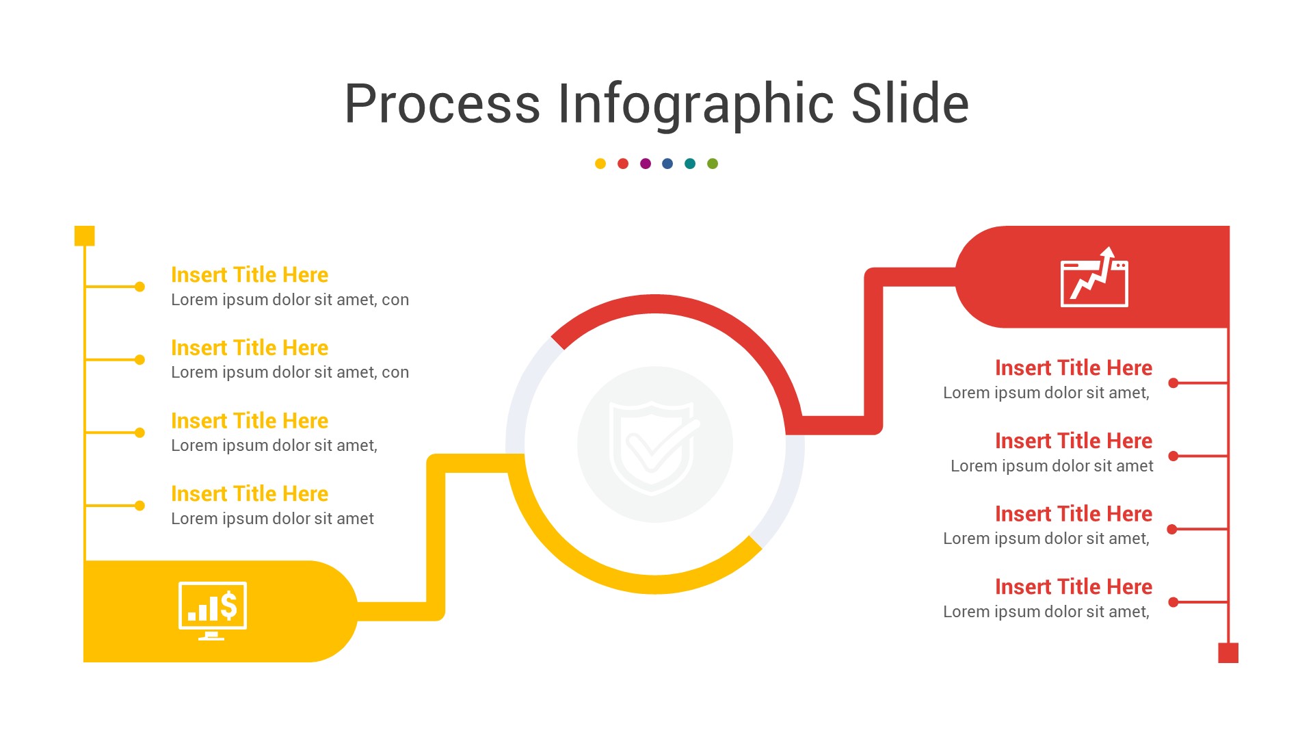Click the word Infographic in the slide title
(x=695, y=104)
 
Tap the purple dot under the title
(x=646, y=164)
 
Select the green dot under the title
(x=713, y=164)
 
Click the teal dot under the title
(x=690, y=164)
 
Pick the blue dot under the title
(x=667, y=164)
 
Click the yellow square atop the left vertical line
(x=84, y=235)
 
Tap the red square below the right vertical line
(x=1228, y=653)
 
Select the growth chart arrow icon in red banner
(x=1094, y=278)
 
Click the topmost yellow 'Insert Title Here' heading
(x=250, y=275)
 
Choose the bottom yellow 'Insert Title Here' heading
(x=250, y=494)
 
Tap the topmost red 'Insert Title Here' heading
(x=1074, y=368)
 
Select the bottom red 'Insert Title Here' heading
(x=1074, y=587)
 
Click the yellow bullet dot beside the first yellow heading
(x=140, y=287)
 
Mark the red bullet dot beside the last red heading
(x=1173, y=602)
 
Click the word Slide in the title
(x=910, y=104)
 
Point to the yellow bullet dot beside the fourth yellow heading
(x=140, y=506)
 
